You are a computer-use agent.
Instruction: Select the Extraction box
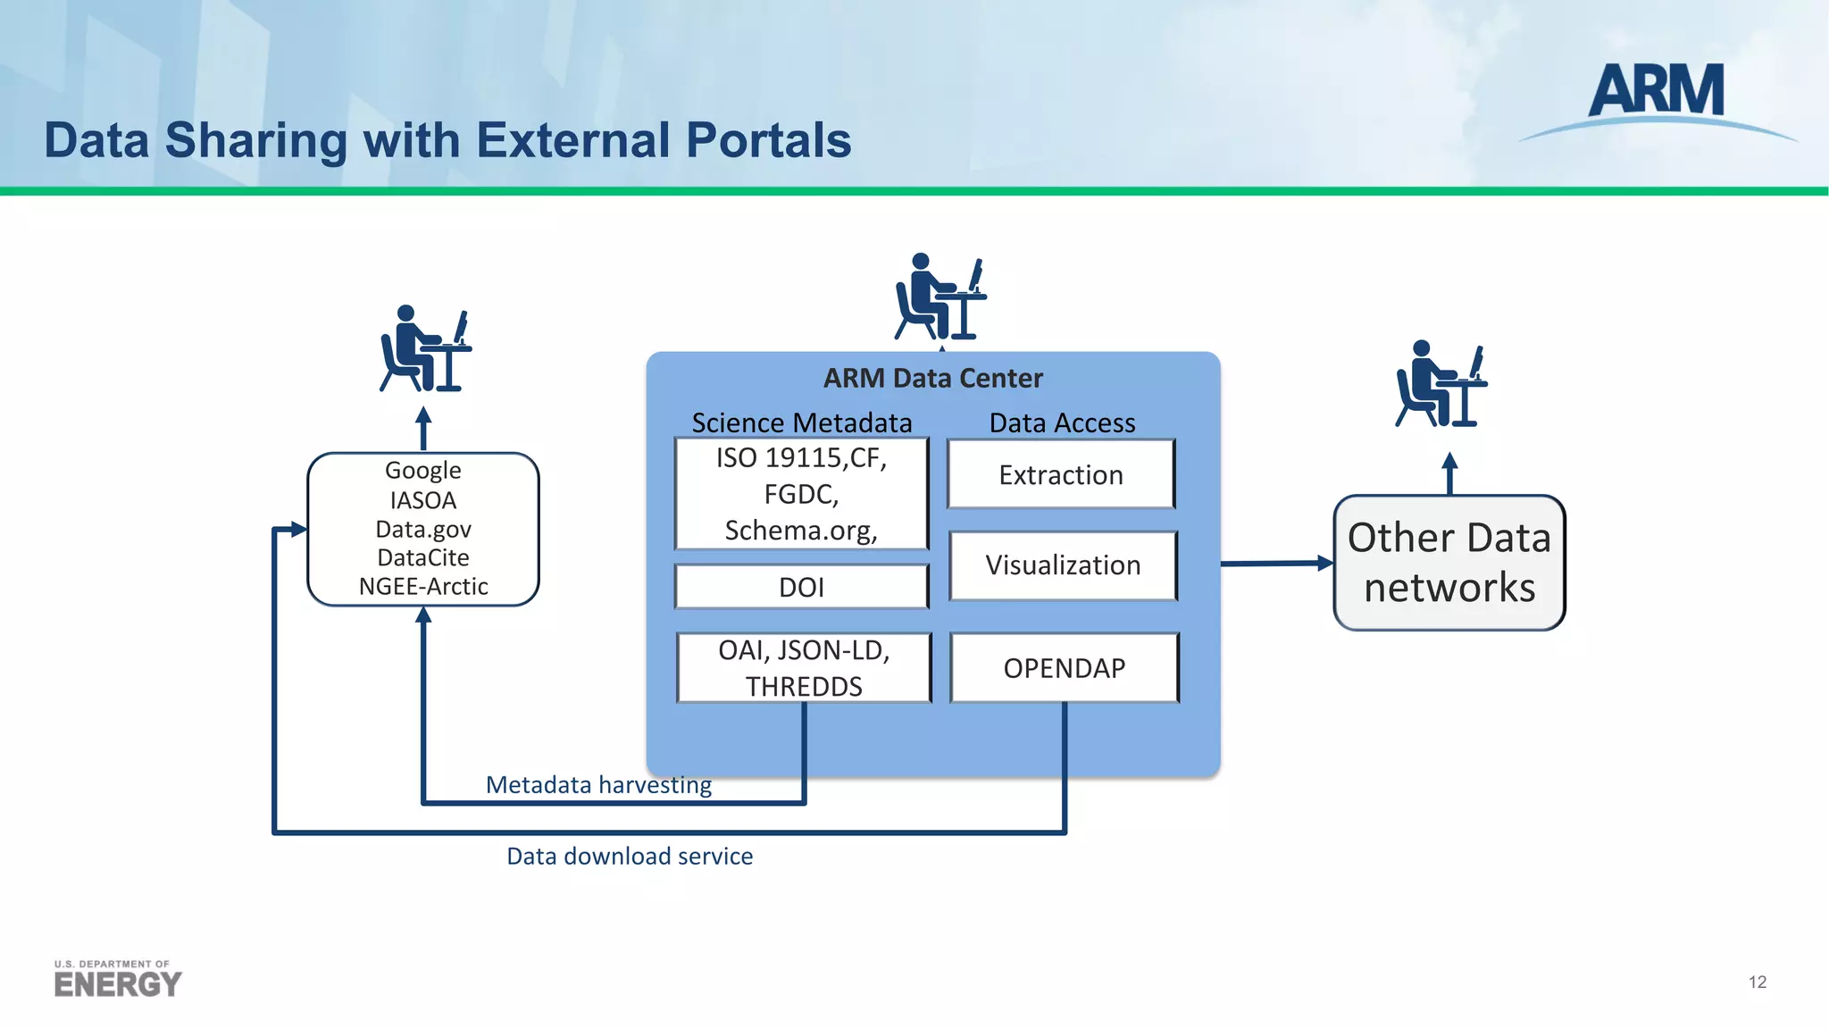[x=1061, y=474]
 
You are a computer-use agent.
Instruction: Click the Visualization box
[x=1063, y=565]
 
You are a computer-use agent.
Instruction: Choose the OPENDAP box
[x=1064, y=668]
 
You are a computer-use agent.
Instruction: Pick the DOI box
[x=801, y=587]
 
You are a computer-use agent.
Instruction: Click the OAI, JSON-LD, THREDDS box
[x=804, y=668]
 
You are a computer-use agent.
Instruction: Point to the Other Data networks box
[x=1449, y=563]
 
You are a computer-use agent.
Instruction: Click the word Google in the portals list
[x=422, y=470]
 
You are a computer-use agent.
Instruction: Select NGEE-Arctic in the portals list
[x=422, y=587]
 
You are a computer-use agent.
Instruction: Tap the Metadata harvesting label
[x=598, y=784]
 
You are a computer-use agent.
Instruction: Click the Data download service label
[x=630, y=856]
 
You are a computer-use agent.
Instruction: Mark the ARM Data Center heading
[x=932, y=378]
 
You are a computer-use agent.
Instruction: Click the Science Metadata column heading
[x=801, y=422]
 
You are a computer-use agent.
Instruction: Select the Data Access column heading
[x=1062, y=422]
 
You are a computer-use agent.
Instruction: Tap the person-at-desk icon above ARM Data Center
[x=940, y=297]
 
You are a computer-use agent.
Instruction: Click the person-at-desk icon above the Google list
[x=425, y=349]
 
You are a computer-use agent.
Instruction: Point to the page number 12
[x=1757, y=982]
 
